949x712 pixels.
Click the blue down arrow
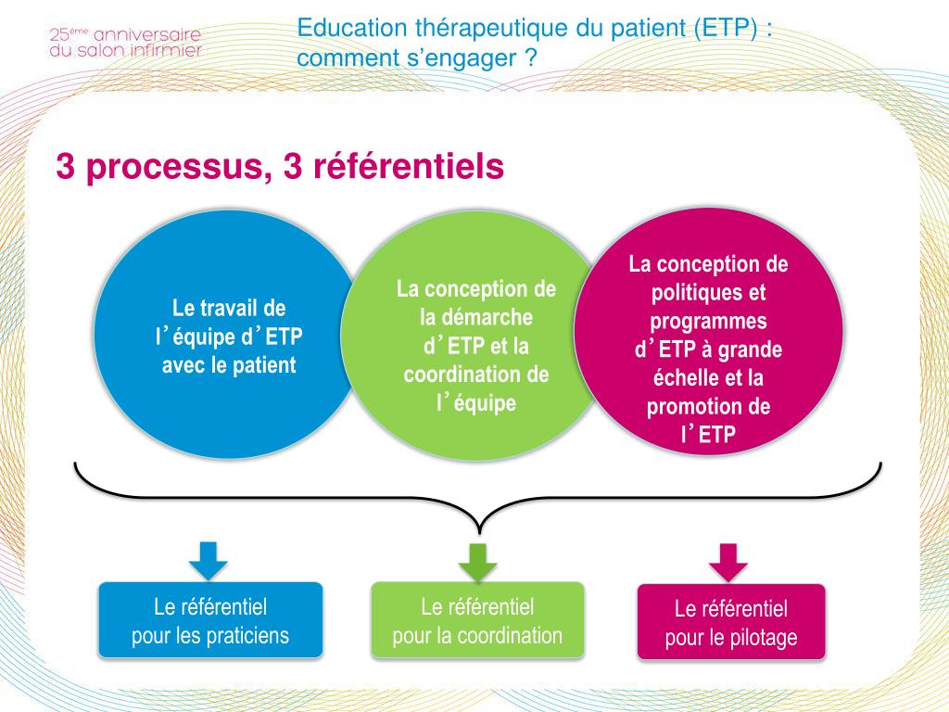[209, 559]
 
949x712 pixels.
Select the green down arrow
[478, 561]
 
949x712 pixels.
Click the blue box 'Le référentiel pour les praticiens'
[210, 621]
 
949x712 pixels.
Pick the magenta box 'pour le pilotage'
[730, 623]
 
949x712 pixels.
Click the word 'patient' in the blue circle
[264, 365]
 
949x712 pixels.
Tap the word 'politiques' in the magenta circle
[708, 293]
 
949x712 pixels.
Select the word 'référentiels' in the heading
[402, 167]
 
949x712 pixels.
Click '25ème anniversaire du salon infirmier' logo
[124, 43]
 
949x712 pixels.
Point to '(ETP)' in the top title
[720, 28]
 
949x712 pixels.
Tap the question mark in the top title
[530, 58]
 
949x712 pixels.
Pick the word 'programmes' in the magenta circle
[708, 322]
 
